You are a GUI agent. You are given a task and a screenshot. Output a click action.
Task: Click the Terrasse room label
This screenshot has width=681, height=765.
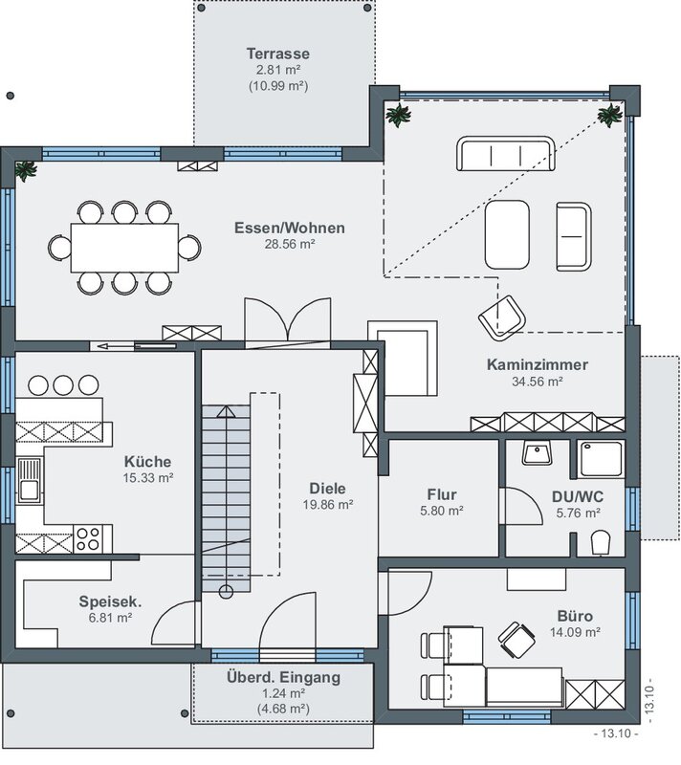[x=278, y=54]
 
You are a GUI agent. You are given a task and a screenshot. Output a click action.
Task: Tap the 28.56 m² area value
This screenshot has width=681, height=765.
[x=290, y=244]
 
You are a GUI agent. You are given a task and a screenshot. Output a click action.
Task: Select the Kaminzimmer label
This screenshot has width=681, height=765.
[x=538, y=364]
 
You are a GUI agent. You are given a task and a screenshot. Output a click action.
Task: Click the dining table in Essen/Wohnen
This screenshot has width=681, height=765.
[x=125, y=248]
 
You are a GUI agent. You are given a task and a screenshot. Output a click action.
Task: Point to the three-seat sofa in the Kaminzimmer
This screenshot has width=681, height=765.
[x=505, y=154]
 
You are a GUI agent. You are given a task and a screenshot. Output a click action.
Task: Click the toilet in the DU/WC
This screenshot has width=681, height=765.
[x=601, y=542]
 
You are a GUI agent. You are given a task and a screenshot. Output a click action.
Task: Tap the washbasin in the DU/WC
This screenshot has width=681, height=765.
[x=538, y=452]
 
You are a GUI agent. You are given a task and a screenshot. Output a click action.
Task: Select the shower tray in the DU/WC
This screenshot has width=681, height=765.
[x=601, y=460]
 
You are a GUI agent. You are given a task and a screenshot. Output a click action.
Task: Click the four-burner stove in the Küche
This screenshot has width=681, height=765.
[x=88, y=538]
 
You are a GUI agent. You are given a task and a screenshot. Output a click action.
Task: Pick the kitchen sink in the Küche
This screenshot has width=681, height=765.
[x=30, y=481]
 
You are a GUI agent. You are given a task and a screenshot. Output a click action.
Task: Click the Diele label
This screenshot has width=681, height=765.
[x=327, y=489]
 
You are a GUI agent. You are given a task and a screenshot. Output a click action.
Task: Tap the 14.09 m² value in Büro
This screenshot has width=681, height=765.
[x=575, y=632]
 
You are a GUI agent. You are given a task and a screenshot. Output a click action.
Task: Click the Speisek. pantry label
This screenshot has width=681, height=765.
[x=110, y=601]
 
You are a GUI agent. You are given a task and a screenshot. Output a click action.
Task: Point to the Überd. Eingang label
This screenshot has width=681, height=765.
[x=283, y=677]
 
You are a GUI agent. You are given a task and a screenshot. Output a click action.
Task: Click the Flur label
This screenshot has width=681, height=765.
[x=442, y=494]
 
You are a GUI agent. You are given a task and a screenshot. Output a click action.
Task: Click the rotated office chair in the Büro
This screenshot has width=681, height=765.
[x=516, y=639]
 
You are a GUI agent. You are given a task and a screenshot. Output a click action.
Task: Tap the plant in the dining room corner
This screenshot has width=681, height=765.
[x=26, y=171]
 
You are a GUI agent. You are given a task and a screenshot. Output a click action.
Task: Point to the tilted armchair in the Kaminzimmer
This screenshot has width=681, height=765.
[x=502, y=317]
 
